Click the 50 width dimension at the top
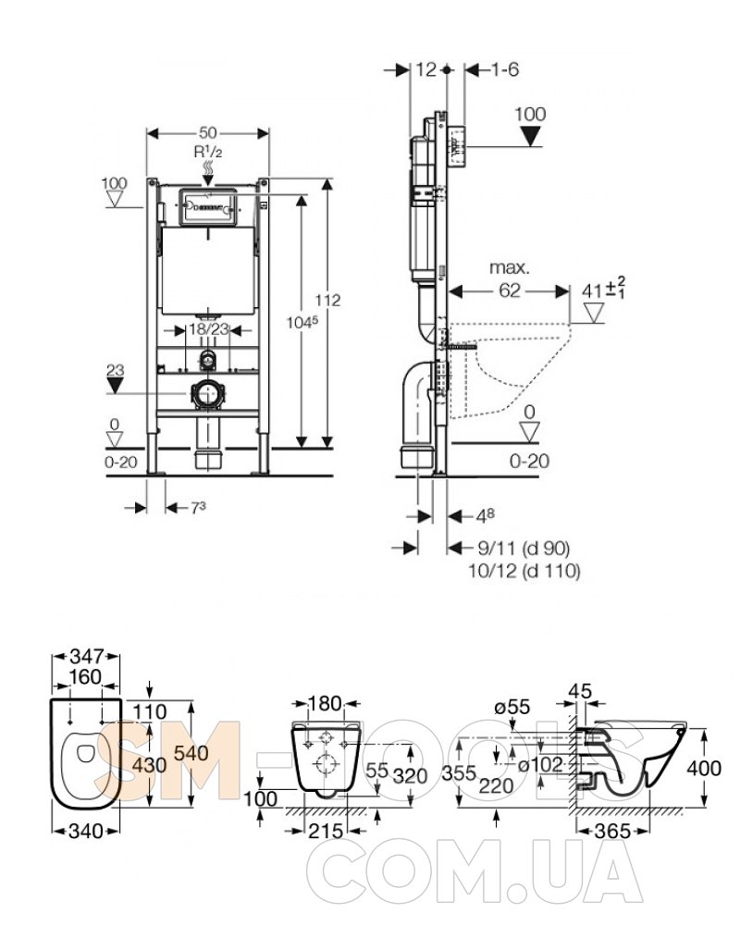tap(208, 132)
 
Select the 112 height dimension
tap(328, 300)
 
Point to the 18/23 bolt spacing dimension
tap(208, 328)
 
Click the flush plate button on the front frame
tap(207, 206)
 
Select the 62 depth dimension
tap(510, 290)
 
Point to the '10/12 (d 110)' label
tap(525, 571)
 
